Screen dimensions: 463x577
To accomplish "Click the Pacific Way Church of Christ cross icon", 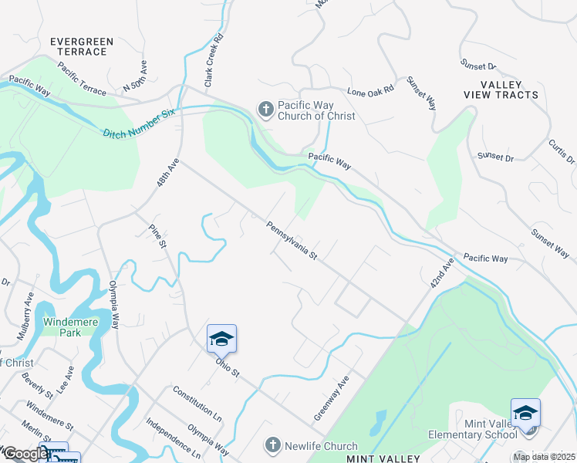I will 265,110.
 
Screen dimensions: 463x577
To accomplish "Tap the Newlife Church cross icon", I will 272,445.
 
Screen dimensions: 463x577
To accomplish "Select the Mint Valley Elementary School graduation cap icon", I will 525,413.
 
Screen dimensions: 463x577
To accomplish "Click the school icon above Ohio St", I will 221,339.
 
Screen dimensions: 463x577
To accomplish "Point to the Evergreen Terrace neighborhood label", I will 81,46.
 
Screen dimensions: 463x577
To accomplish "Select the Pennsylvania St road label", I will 292,240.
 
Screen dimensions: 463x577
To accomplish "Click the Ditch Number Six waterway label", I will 140,123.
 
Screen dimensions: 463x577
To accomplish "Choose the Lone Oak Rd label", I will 370,90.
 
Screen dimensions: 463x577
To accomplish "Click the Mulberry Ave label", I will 25,316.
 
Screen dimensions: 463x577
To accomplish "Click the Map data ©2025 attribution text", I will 543,457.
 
